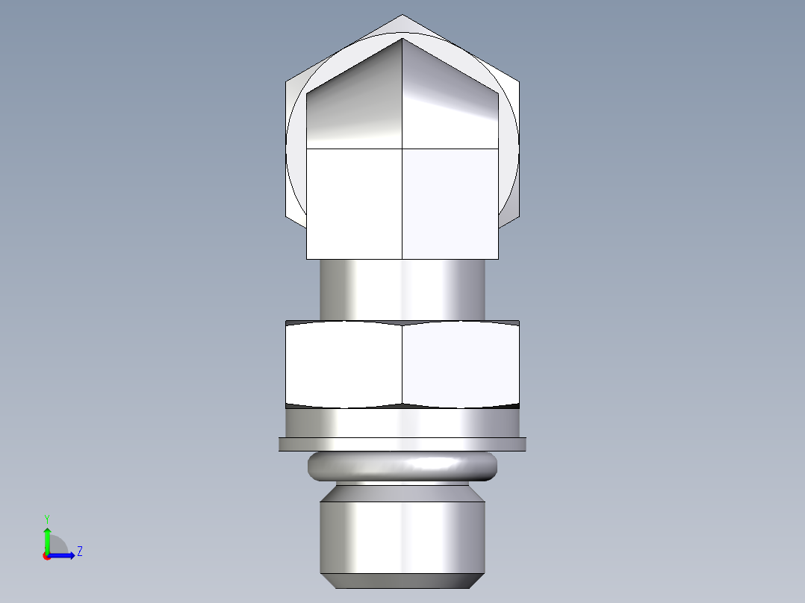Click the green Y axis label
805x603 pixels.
46,517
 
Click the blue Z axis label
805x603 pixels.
79,552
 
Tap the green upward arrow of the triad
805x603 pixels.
47,536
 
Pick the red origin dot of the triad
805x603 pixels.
46,556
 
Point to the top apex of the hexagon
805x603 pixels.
402,16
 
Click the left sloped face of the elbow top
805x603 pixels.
355,101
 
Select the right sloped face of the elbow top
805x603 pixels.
450,101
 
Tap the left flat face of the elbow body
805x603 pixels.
355,203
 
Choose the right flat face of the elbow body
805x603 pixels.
450,203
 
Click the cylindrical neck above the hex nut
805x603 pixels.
402,290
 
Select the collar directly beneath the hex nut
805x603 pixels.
402,423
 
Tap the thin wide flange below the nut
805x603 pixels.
402,444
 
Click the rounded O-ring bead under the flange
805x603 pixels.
402,466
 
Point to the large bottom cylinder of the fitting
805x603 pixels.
402,536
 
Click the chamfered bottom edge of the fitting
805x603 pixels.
402,581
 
